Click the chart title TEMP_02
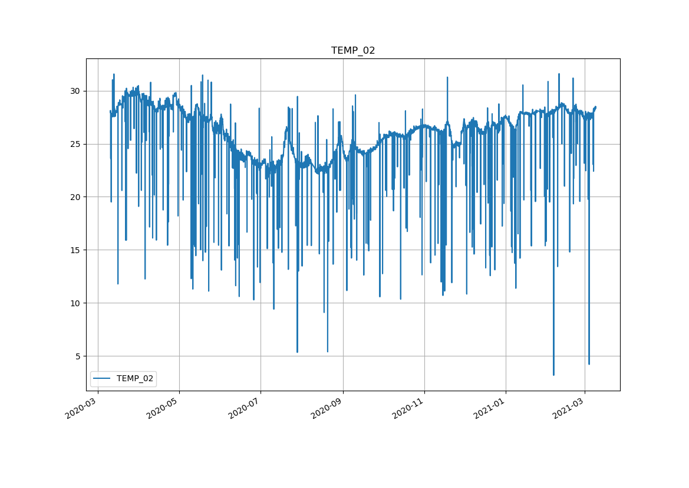pos(353,51)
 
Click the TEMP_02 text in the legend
pos(136,379)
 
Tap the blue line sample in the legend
pos(103,379)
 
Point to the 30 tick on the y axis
pos(75,91)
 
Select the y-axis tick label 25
pos(75,144)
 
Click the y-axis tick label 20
pos(75,197)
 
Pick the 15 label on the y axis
pos(75,250)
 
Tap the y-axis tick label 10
pos(75,303)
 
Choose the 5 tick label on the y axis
pos(77,356)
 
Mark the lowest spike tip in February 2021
pos(553,375)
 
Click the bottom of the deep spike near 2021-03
pos(589,364)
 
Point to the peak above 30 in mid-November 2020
pos(447,77)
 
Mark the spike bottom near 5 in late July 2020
pos(297,352)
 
